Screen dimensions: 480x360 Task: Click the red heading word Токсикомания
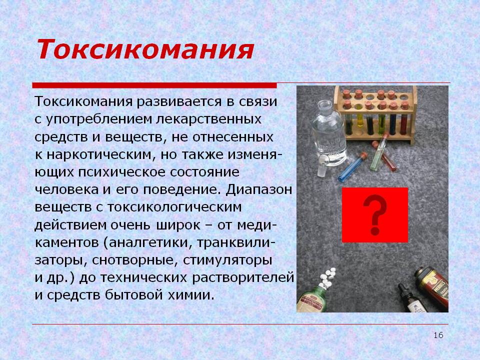pyautogui.click(x=145, y=49)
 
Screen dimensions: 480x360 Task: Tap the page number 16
pyautogui.click(x=438, y=335)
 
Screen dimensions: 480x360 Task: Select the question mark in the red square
pyautogui.click(x=375, y=214)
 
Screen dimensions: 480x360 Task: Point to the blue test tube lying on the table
pyautogui.click(x=352, y=167)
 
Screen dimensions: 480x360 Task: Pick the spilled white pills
pyautogui.click(x=327, y=277)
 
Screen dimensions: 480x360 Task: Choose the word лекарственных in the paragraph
pyautogui.click(x=209, y=119)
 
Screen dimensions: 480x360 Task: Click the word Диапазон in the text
pyautogui.click(x=259, y=190)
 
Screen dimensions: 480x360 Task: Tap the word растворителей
pyautogui.click(x=243, y=278)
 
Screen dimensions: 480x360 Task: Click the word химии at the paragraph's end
pyautogui.click(x=191, y=295)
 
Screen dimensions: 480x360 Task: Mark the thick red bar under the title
pyautogui.click(x=154, y=85)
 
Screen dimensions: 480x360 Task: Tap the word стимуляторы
pyautogui.click(x=227, y=260)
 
